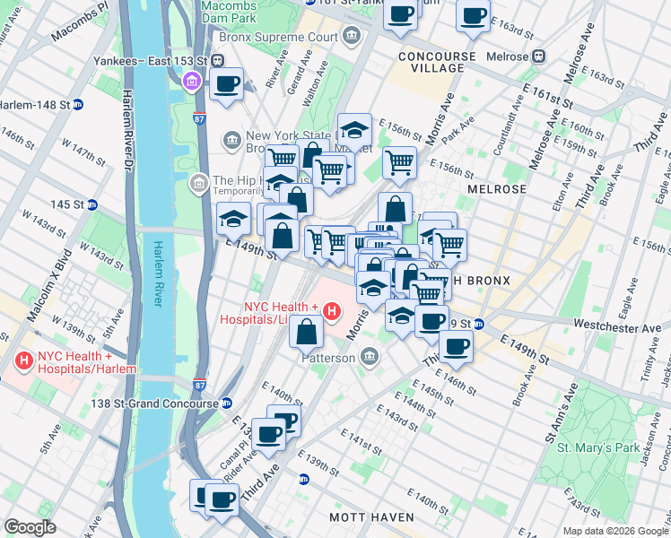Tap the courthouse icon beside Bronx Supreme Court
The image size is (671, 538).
coord(352,37)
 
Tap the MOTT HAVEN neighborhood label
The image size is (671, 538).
coord(370,517)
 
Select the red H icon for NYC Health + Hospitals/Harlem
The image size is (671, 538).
coord(23,362)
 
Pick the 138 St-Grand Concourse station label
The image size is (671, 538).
coord(155,403)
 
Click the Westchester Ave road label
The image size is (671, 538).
coord(621,327)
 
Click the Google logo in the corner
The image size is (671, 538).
coord(30,527)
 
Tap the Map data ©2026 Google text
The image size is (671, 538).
coord(614,531)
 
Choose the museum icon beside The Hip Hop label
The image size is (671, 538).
coord(197,184)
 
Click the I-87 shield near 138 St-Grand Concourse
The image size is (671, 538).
coord(199,385)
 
